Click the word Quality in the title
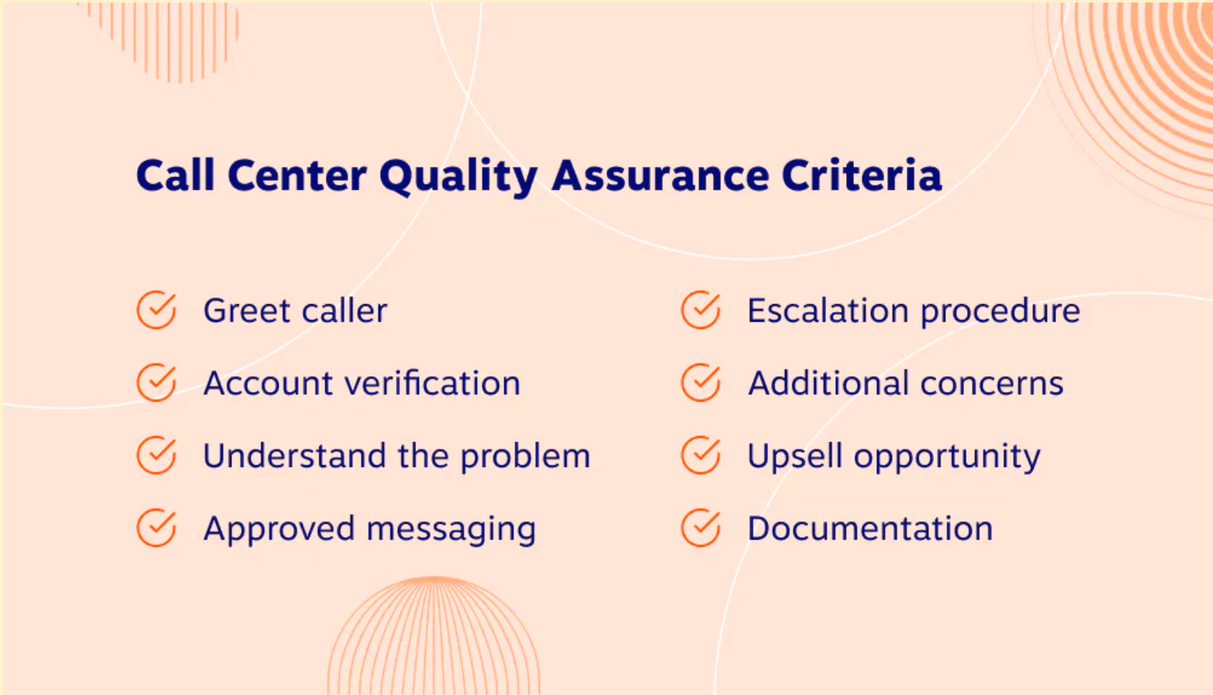pos(458,176)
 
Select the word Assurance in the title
pos(659,175)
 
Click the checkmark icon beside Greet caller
pos(157,310)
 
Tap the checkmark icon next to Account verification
pos(157,382)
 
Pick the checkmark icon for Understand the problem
pos(157,455)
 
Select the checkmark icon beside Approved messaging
pos(157,528)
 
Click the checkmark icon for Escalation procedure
pos(701,310)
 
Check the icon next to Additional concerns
pos(701,382)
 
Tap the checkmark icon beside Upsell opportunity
pos(701,455)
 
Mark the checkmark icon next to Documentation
pos(701,528)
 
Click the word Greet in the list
pos(247,311)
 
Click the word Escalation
pos(828,311)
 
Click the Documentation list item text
pos(869,529)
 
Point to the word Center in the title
pos(297,175)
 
